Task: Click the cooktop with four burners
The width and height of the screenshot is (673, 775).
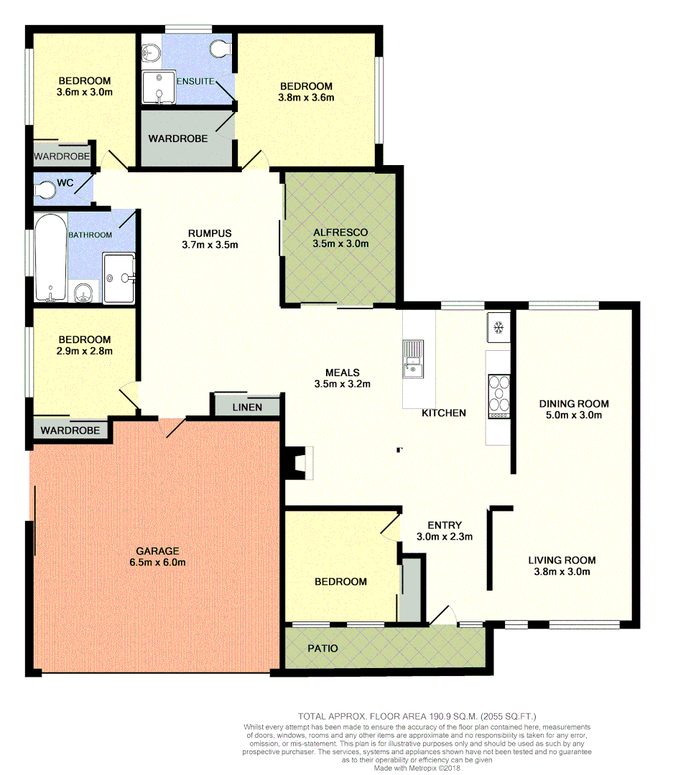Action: (x=499, y=397)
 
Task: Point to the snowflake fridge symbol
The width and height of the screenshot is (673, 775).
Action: (x=497, y=329)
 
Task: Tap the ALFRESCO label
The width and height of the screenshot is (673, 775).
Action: (x=340, y=232)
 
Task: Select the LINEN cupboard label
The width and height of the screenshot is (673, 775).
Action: (x=247, y=408)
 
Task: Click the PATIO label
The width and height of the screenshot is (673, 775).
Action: (x=322, y=648)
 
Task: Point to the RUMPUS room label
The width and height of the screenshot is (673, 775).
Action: (x=209, y=232)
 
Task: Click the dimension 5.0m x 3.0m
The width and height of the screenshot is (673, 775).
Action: (x=573, y=415)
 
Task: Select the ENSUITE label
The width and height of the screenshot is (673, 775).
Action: (x=194, y=81)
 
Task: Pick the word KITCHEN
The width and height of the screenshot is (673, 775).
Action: (x=443, y=413)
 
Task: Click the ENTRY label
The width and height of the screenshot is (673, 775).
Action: (x=443, y=525)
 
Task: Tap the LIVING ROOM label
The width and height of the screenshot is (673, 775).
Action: (x=562, y=560)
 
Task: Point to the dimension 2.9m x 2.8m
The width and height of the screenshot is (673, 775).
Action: (x=84, y=351)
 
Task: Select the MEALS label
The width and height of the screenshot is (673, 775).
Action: (x=342, y=372)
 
